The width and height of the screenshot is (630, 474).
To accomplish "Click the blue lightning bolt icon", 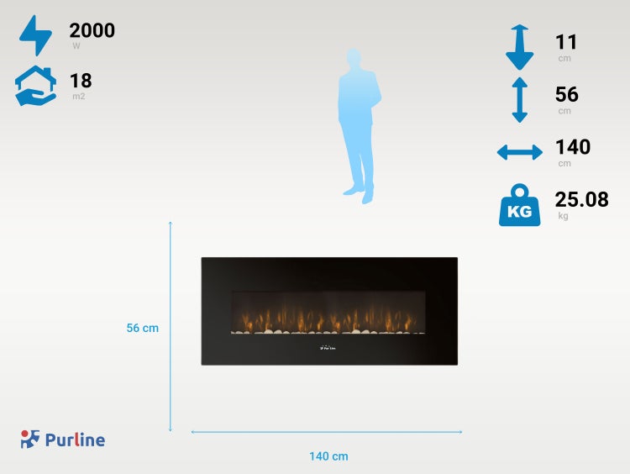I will [x=34, y=34].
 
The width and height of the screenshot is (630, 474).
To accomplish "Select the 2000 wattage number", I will [x=92, y=31].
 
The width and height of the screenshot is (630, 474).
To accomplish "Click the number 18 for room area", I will [x=81, y=81].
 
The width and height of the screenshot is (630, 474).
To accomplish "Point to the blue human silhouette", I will [x=360, y=126].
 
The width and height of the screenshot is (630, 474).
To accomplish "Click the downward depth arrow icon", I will [x=519, y=47].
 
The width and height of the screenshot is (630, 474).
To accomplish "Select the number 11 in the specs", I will [x=566, y=42].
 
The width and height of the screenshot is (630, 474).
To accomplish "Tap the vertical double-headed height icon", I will [x=519, y=99].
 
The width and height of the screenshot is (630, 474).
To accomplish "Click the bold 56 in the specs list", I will [x=567, y=94].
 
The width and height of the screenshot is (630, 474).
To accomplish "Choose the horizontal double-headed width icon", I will [x=519, y=152].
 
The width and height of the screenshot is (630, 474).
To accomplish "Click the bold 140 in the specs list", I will [x=573, y=147].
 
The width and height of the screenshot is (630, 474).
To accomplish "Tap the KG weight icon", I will [x=519, y=205].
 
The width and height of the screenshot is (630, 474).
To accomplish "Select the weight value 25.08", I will [x=581, y=199].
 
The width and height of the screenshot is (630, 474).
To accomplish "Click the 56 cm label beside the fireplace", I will [x=143, y=329].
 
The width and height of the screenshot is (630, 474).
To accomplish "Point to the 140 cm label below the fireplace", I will [x=328, y=456].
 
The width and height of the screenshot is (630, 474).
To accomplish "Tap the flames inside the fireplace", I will [x=328, y=319].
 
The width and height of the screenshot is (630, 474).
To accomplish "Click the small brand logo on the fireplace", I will [x=328, y=348].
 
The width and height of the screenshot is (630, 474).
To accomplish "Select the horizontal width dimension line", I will [x=327, y=432].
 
